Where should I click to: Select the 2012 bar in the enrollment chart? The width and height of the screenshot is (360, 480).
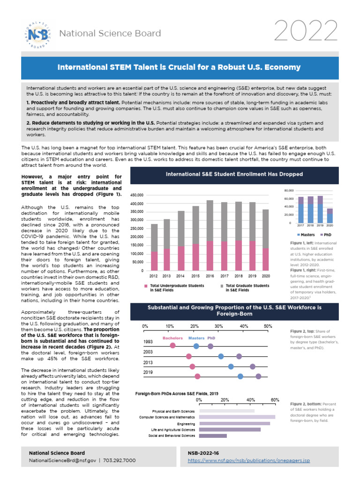click(x=154, y=247)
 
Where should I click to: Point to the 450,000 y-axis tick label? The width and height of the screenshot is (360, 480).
click(x=137, y=195)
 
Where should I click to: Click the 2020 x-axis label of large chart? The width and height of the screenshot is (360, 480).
click(x=265, y=277)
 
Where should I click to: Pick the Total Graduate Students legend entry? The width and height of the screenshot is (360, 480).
click(x=247, y=287)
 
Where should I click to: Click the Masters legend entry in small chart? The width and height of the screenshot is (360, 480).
click(x=306, y=233)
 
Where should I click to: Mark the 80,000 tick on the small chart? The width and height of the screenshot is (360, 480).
click(x=288, y=191)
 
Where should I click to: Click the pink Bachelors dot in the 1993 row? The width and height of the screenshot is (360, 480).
click(x=173, y=346)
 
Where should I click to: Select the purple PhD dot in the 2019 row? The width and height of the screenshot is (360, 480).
click(x=258, y=376)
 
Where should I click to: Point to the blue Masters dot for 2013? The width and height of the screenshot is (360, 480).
click(x=231, y=366)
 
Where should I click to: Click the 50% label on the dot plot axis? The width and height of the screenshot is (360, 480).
click(x=268, y=326)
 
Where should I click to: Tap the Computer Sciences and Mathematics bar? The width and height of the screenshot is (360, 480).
click(x=237, y=417)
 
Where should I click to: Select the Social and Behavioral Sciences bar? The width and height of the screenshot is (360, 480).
click(x=213, y=436)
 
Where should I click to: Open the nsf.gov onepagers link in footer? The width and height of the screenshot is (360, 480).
click(x=248, y=461)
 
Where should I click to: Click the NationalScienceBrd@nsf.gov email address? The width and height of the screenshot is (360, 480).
click(x=62, y=461)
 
